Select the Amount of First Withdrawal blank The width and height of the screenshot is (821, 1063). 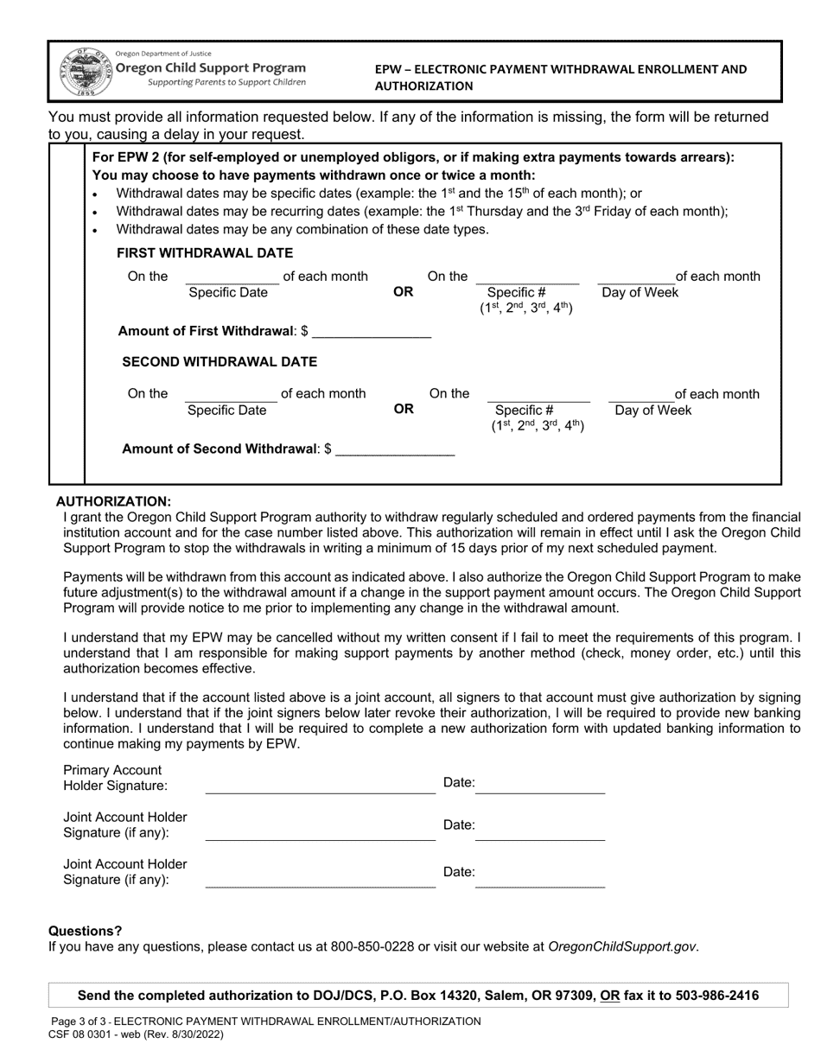click(372, 335)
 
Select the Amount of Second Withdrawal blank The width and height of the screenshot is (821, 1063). click(396, 454)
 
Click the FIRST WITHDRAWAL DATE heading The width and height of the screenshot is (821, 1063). click(205, 253)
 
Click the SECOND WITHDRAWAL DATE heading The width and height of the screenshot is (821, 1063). click(220, 362)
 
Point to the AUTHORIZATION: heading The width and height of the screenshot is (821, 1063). click(113, 502)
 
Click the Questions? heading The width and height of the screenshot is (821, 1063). click(85, 931)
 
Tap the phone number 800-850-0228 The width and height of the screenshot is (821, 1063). click(372, 946)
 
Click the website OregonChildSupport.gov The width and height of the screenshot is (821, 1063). click(621, 946)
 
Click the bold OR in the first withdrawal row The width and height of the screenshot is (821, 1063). click(403, 292)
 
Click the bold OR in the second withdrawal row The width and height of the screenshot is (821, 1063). click(403, 410)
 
